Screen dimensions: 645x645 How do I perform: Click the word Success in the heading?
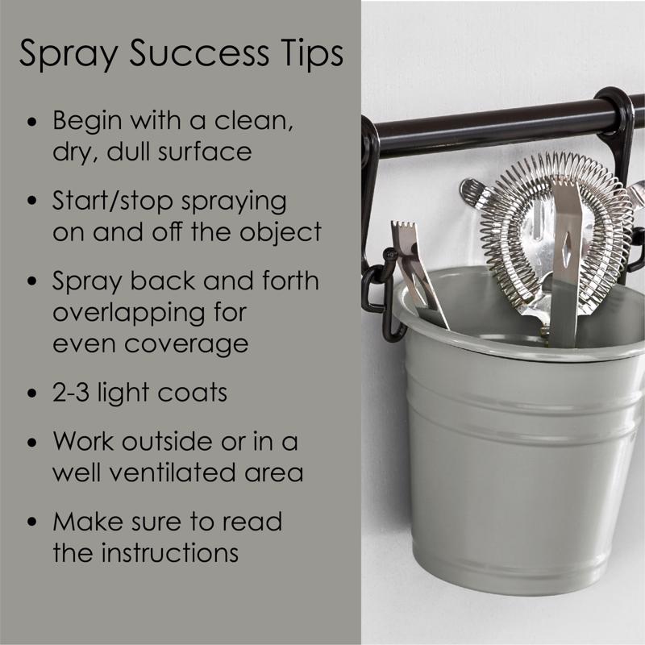(199, 52)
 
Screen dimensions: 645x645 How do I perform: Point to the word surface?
(205, 151)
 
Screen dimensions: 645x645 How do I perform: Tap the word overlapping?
(128, 314)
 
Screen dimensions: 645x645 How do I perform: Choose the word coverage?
(186, 345)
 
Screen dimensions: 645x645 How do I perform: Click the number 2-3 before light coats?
(71, 392)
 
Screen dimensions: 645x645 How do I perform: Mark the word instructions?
(170, 552)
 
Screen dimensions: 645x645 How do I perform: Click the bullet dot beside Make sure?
(32, 522)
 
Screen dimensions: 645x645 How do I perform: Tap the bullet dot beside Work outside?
(32, 442)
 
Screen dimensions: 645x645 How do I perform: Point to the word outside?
(167, 440)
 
